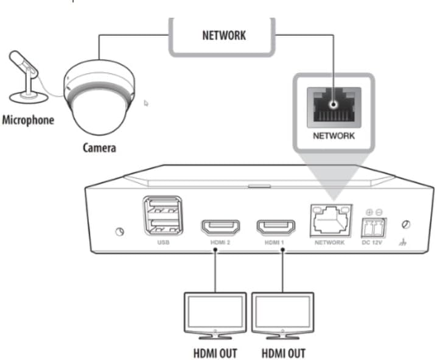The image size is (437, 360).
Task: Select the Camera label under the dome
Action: (100, 147)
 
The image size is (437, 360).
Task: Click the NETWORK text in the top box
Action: (223, 35)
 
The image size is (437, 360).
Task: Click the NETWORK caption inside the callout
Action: (334, 136)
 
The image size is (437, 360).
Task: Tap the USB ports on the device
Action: (163, 216)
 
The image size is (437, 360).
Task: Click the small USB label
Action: (163, 242)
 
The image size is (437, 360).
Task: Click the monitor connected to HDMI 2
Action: (215, 316)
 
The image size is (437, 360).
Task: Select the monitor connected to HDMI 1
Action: (283, 316)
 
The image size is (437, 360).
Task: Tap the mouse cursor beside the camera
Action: (146, 103)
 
